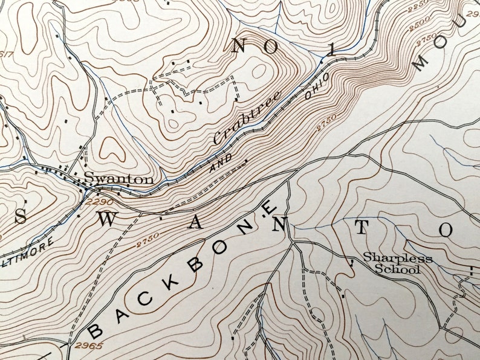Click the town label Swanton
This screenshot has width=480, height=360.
pos(118,179)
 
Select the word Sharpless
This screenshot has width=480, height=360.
pos(397,259)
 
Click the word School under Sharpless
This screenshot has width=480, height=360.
pos(397,269)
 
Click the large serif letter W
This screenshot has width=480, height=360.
pos(106,220)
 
